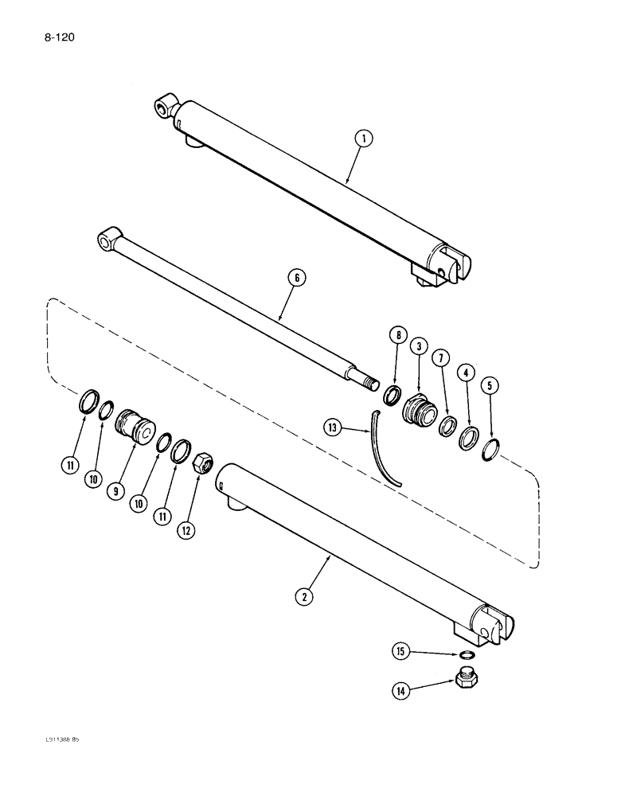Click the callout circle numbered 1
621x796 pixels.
[364, 139]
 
